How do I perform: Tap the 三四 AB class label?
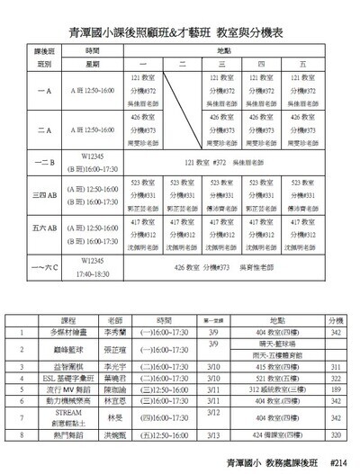pyautogui.click(x=44, y=192)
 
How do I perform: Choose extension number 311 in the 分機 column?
pyautogui.click(x=336, y=368)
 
